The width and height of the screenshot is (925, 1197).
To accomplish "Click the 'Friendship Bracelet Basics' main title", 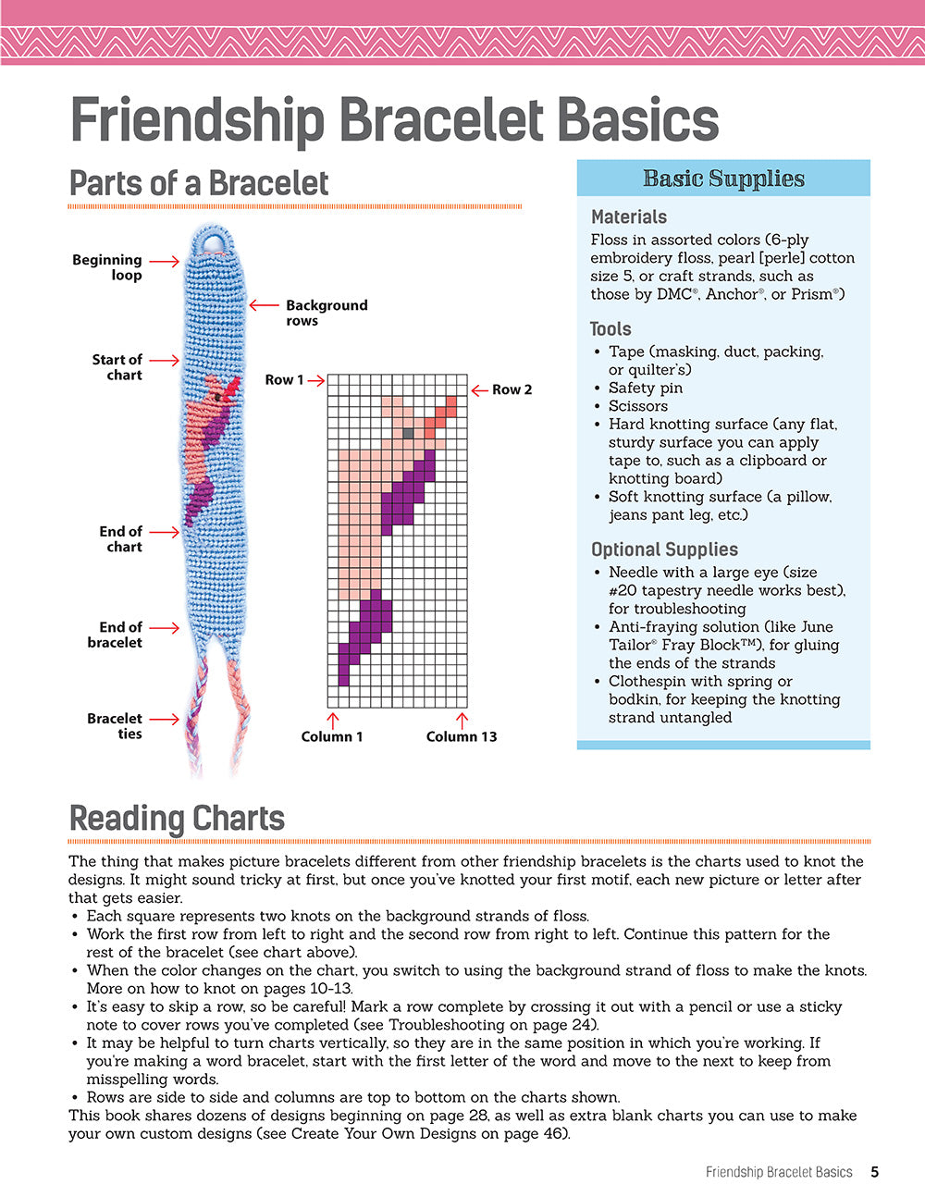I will coord(394,120).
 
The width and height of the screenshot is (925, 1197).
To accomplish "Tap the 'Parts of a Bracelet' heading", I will coord(199,183).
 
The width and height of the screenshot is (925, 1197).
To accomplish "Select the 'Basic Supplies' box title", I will coord(723,179).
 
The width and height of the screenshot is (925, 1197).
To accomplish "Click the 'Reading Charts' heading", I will coord(177,819).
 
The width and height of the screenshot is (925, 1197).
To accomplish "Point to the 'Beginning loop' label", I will coord(107,267).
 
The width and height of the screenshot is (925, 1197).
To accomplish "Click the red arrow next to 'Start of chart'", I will coord(165,361).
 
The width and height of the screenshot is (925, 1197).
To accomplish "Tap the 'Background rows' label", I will coord(326,313).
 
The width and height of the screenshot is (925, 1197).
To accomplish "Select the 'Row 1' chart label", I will coord(284,379).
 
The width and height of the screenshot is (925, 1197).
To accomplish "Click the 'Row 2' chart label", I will coord(512,389).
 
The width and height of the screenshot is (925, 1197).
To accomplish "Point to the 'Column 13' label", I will coord(462,737).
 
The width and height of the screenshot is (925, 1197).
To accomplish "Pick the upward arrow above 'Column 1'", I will coord(333,719).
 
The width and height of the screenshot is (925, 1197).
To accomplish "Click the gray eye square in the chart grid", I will coord(408,432).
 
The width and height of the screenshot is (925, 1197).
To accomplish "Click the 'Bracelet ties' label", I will coord(115,726).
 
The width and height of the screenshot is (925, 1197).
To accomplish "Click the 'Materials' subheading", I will coord(629,217).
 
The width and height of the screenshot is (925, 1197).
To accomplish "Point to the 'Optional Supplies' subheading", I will coord(664,549).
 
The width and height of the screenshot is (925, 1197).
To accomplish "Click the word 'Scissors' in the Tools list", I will coord(638,406).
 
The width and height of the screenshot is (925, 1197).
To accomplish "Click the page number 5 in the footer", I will coord(874,1172).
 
